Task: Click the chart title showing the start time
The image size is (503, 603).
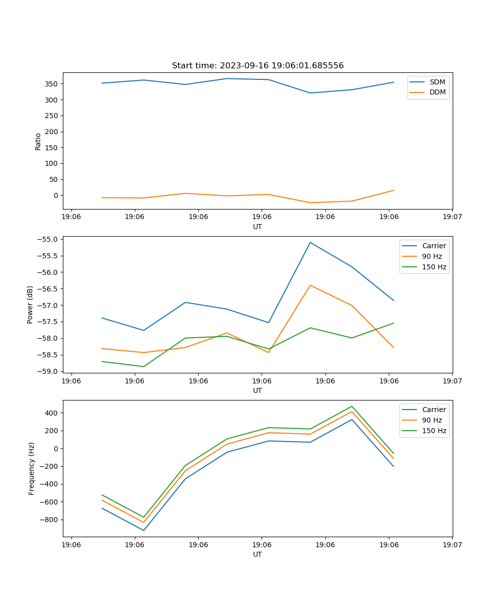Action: click(258, 66)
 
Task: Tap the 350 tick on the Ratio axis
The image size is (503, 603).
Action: click(53, 84)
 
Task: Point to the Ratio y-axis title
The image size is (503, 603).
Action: click(38, 141)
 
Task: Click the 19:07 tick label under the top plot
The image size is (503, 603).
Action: click(452, 217)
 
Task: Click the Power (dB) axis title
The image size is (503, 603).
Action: click(30, 305)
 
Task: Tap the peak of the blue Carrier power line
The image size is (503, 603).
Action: click(310, 243)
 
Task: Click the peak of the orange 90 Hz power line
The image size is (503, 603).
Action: click(310, 285)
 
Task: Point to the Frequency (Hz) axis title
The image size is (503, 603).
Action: click(32, 468)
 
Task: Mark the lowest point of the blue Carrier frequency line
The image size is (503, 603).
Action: click(143, 530)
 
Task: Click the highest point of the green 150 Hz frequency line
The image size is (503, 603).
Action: click(352, 407)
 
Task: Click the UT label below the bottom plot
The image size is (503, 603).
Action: click(258, 554)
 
